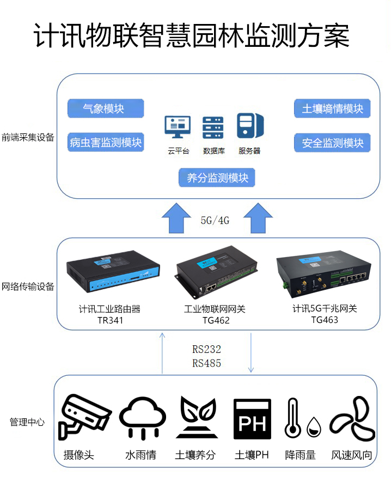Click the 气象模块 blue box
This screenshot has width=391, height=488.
[x=105, y=108]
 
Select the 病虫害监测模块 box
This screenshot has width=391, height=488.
[x=105, y=143]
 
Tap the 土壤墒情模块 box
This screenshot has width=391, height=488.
[x=332, y=108]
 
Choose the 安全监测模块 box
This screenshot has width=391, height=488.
[x=332, y=143]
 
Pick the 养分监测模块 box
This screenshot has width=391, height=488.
[x=217, y=178]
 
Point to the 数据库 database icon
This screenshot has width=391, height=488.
[x=213, y=128]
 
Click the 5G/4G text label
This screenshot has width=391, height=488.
[x=215, y=221]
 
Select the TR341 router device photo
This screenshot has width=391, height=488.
[x=114, y=272]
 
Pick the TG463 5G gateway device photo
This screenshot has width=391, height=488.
[x=324, y=275]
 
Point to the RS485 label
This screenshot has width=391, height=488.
[x=206, y=363]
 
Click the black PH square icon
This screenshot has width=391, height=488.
[x=252, y=419]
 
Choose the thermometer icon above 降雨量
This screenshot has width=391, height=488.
[x=293, y=418]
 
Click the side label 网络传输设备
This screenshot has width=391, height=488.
[x=28, y=286]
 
